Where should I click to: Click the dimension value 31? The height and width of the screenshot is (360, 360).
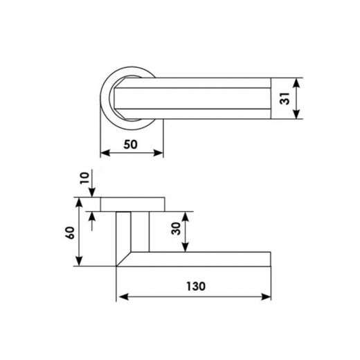tap(286, 98)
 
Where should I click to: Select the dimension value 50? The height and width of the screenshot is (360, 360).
tap(131, 145)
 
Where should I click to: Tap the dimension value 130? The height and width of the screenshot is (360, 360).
tap(196, 287)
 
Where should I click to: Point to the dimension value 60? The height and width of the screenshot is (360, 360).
tap(71, 233)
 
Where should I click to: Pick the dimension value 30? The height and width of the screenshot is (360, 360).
tap(176, 228)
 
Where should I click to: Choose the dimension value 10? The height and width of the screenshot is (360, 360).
tap(84, 178)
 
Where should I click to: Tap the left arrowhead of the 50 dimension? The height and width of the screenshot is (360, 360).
tap(105, 152)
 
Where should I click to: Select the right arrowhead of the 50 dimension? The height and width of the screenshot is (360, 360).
tap(159, 152)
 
